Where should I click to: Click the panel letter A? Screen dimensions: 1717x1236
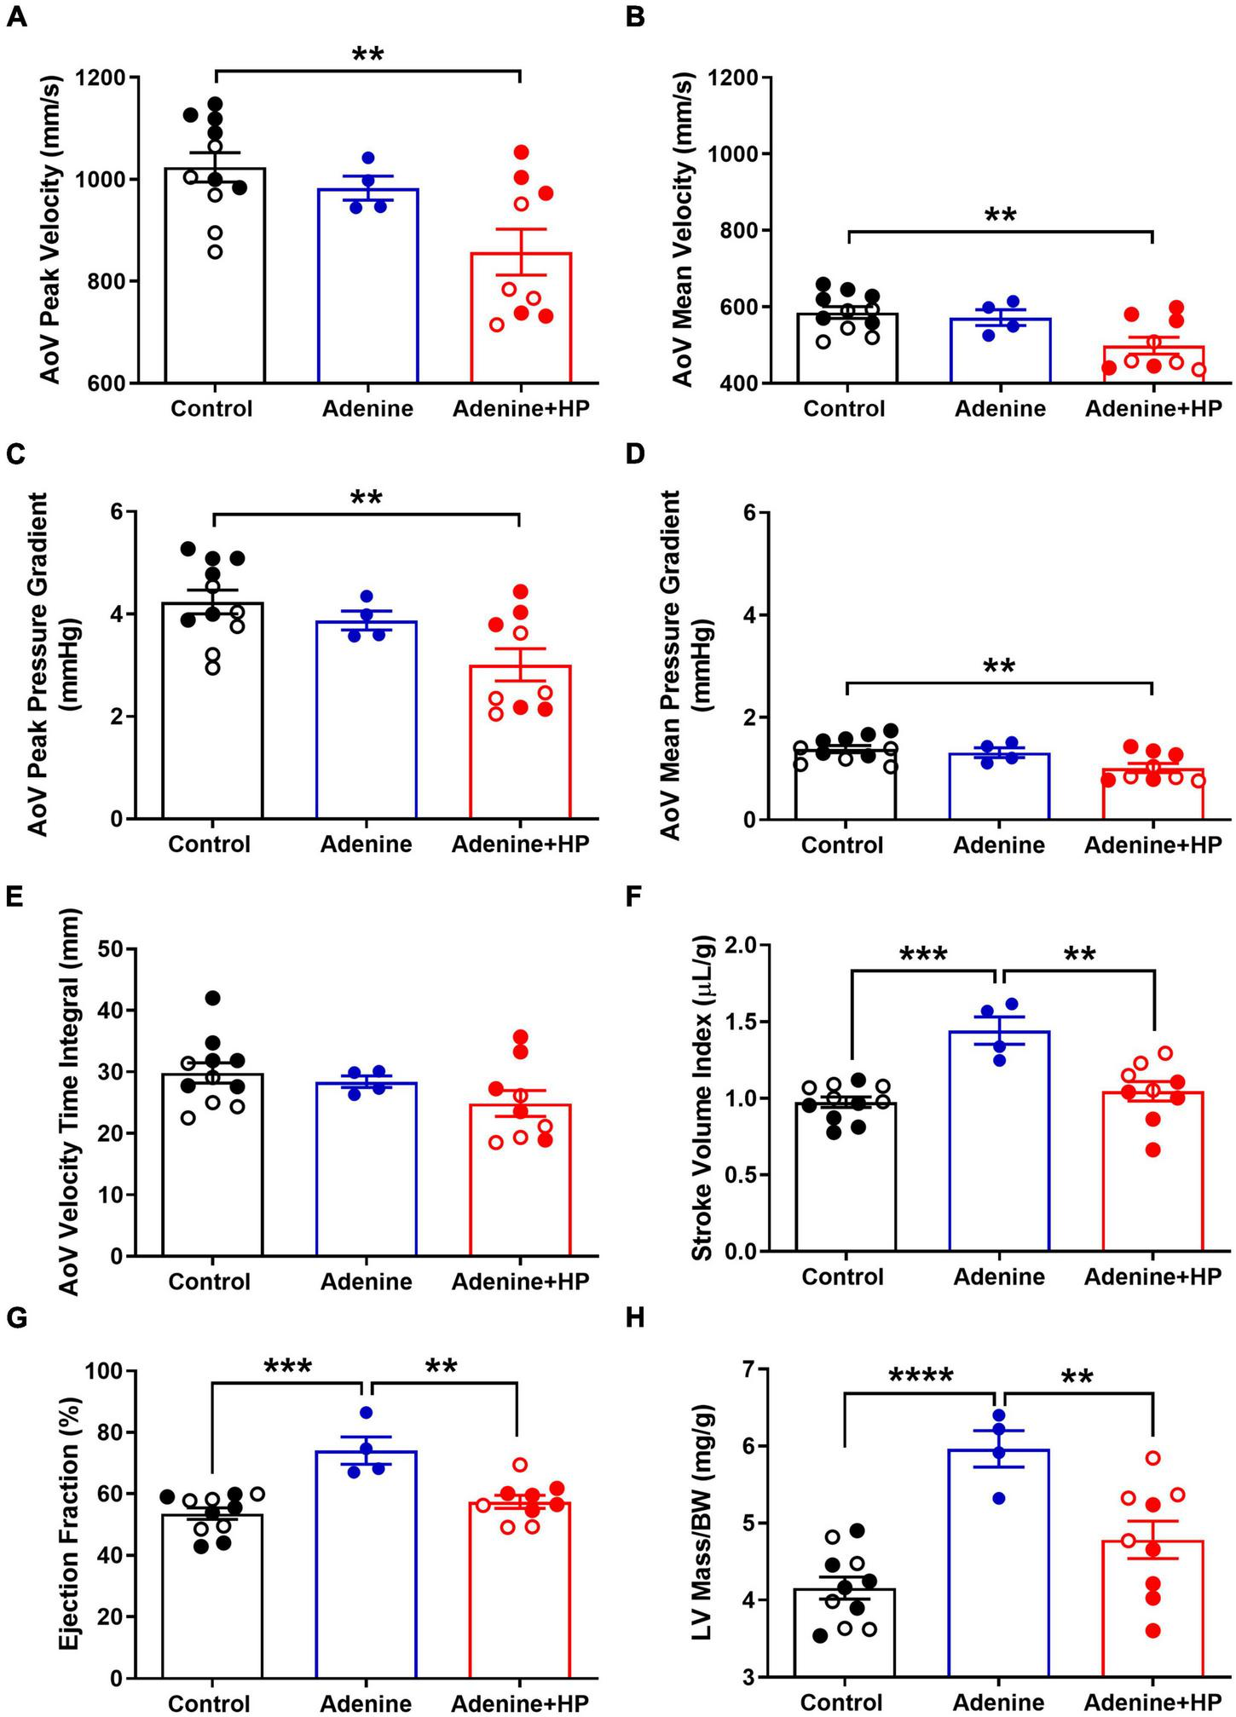point(15,16)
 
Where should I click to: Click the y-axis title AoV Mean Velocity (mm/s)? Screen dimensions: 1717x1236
point(684,230)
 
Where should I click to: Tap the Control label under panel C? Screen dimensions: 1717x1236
point(210,844)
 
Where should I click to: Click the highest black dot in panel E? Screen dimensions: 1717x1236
point(213,998)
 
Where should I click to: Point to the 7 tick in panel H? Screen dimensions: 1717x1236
point(754,1369)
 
